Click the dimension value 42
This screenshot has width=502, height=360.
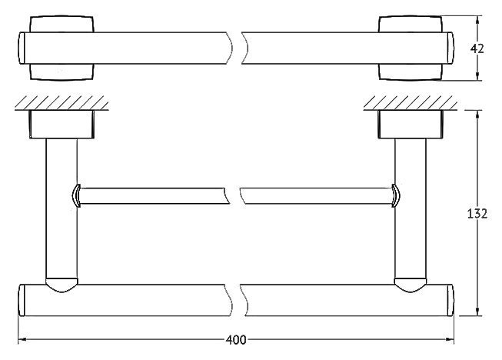pyautogui.click(x=477, y=48)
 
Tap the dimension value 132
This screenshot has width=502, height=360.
pyautogui.click(x=477, y=213)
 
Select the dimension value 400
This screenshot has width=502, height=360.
pyautogui.click(x=236, y=340)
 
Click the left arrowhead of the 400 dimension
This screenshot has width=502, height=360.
pyautogui.click(x=22, y=339)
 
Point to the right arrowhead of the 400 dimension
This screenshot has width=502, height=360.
pyautogui.click(x=450, y=339)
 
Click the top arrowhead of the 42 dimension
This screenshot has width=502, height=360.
pyautogui.click(x=477, y=20)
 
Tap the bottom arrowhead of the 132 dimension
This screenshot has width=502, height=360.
pyautogui.click(x=477, y=312)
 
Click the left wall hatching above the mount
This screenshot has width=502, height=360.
pyautogui.click(x=62, y=102)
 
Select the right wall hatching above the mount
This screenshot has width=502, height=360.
pyautogui.click(x=410, y=102)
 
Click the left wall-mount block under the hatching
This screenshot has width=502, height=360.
pyautogui.click(x=62, y=125)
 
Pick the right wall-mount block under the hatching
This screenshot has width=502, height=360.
pyautogui.click(x=411, y=125)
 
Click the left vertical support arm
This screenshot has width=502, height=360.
pyautogui.click(x=62, y=208)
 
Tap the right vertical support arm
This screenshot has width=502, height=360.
pyautogui.click(x=411, y=208)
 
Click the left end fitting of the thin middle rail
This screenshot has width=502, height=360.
pyautogui.click(x=75, y=195)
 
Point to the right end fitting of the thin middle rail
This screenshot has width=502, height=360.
pyautogui.click(x=396, y=195)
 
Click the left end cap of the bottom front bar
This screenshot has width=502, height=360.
pyautogui.click(x=22, y=300)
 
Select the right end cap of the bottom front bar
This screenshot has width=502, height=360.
pyautogui.click(x=450, y=300)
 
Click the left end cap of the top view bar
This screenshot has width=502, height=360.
pyautogui.click(x=22, y=48)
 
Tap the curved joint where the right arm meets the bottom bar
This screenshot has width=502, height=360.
pyautogui.click(x=411, y=285)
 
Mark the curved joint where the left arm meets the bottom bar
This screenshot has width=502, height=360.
pyautogui.click(x=62, y=285)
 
